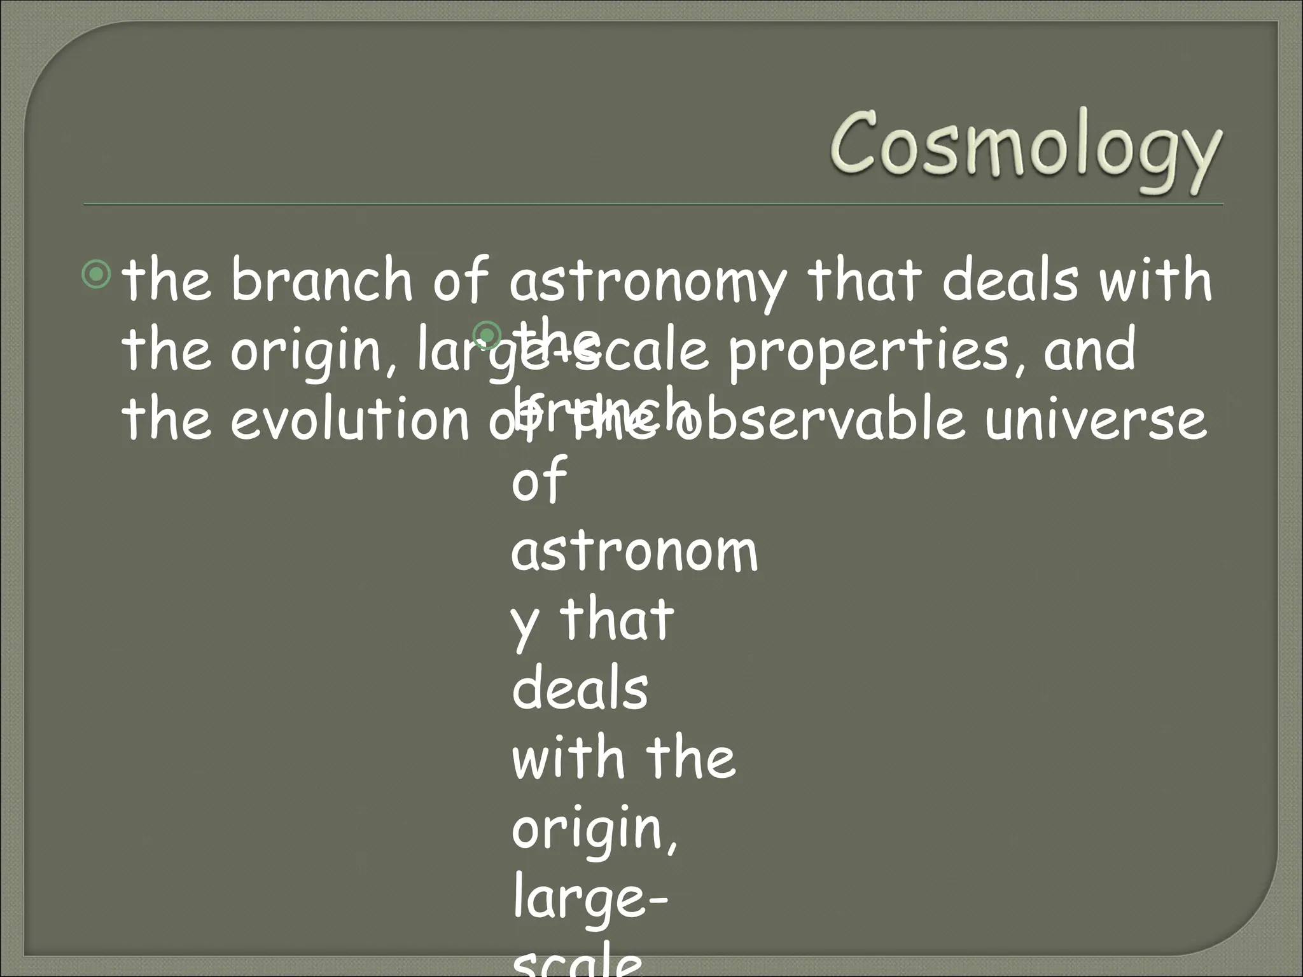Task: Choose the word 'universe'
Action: coord(1094,420)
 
